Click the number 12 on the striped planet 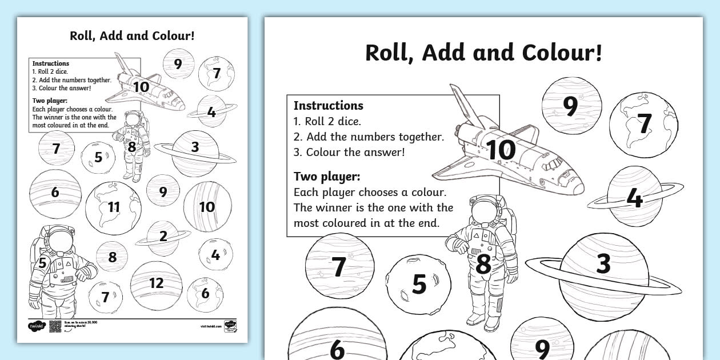tap(156, 282)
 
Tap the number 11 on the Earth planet tap(114, 207)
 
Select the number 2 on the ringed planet tap(163, 236)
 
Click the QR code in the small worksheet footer tap(55, 326)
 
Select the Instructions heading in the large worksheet tap(328, 106)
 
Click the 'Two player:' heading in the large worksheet tap(326, 176)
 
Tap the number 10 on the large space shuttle tap(501, 150)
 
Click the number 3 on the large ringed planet tap(603, 264)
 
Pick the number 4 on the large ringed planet tap(634, 198)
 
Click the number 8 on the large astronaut tap(483, 265)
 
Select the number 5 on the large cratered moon tap(419, 285)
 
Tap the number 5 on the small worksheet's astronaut tap(42, 263)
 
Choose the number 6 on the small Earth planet tap(205, 294)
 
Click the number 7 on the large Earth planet tap(644, 124)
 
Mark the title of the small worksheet tap(132, 36)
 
